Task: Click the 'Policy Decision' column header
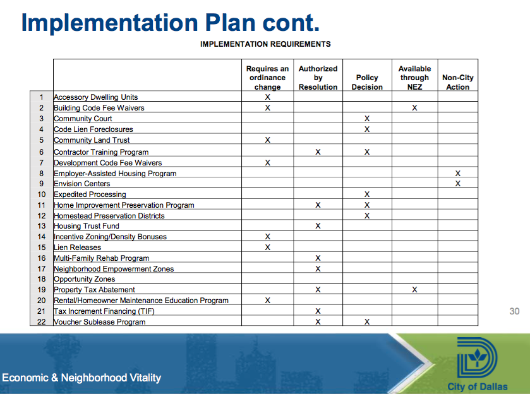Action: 367,83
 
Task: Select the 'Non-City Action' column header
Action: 457,83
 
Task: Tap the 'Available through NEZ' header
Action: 414,78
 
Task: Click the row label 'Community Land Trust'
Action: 92,140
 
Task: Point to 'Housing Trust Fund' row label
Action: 87,225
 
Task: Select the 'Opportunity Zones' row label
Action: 85,279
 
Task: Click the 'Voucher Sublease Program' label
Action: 100,321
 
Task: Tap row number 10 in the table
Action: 41,194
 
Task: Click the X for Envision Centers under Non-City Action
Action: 457,184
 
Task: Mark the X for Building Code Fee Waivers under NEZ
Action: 414,108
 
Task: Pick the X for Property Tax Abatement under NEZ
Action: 414,290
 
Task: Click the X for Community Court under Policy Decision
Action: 367,119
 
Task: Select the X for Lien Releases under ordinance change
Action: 267,248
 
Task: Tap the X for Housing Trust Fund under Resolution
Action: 318,225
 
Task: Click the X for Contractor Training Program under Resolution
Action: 318,152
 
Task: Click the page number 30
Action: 514,311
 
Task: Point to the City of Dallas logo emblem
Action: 477,357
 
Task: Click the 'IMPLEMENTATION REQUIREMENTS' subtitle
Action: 265,44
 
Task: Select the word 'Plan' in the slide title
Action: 230,23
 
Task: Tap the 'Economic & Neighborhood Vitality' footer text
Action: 81,378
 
